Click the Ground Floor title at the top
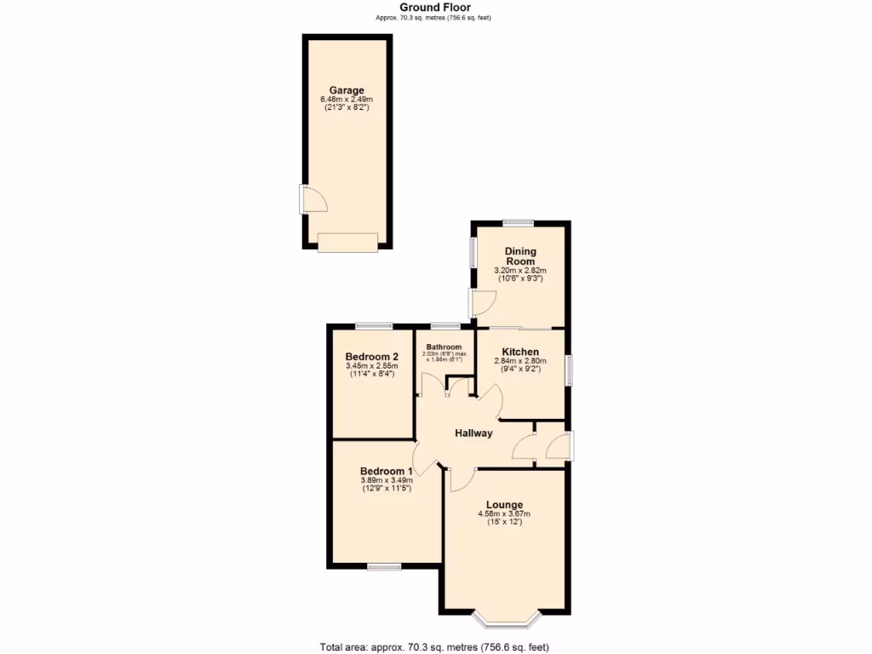point(435,8)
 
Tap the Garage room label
point(347,90)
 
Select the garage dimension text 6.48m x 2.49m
point(347,100)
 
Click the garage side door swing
point(313,200)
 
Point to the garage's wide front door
point(347,243)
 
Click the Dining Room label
point(519,256)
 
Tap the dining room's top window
point(518,223)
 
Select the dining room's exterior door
point(482,303)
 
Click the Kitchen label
point(519,352)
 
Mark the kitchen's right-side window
point(569,371)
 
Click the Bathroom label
point(444,347)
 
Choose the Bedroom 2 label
point(371,357)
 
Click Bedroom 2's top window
point(374,325)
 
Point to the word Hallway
point(473,433)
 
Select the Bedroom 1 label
point(386,471)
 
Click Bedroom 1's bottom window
point(384,566)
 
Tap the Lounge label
point(504,505)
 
